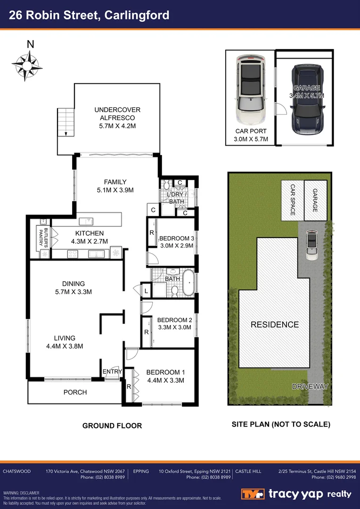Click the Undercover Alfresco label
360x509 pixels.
tap(117, 114)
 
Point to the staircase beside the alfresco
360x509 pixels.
tap(66, 122)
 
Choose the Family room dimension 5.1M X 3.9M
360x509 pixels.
tap(115, 190)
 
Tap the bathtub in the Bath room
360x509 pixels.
tap(189, 283)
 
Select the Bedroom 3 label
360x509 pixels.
tap(176, 238)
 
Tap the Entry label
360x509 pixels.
tap(112, 372)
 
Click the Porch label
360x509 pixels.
tap(75, 392)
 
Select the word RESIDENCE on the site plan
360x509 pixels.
tap(274, 325)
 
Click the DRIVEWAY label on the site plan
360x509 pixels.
tap(309, 386)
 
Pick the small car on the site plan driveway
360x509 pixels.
tap(312, 245)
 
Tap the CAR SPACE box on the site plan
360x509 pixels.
tap(292, 200)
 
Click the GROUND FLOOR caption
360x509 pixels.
tap(112, 426)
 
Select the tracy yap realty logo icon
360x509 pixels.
tap(254, 494)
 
